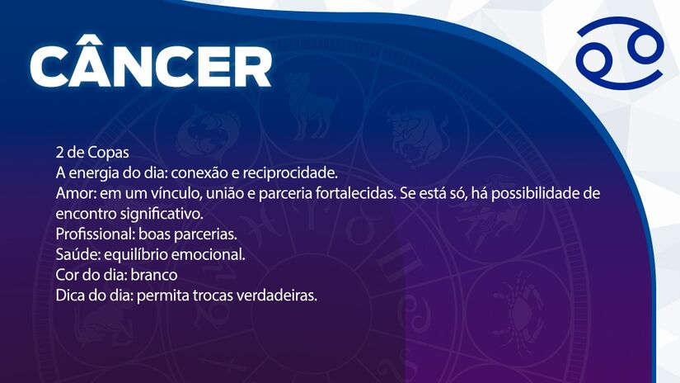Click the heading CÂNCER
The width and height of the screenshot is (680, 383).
151,65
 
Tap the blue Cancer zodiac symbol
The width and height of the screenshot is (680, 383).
621,57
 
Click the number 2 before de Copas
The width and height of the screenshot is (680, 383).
59,154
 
